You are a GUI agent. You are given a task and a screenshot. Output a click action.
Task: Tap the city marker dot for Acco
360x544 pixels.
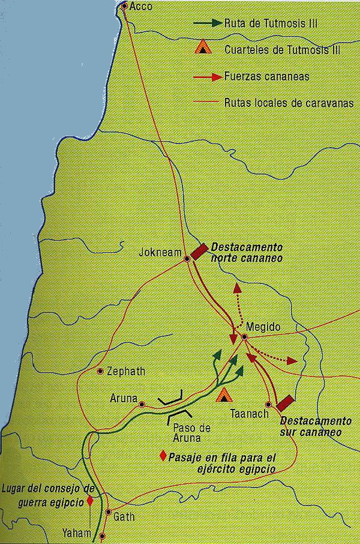click(124, 7)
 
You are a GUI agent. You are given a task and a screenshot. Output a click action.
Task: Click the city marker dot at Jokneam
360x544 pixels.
click(187, 259)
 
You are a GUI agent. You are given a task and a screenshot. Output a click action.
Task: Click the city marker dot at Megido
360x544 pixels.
click(244, 337)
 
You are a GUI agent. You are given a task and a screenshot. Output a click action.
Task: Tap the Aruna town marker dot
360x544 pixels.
click(142, 405)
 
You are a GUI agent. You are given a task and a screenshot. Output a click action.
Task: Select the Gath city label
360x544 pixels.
click(124, 516)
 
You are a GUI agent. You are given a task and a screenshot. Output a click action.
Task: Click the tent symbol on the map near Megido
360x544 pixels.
click(224, 394)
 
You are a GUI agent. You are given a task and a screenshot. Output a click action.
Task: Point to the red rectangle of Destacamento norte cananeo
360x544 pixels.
click(199, 250)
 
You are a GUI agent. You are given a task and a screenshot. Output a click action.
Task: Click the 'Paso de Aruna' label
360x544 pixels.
click(191, 433)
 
